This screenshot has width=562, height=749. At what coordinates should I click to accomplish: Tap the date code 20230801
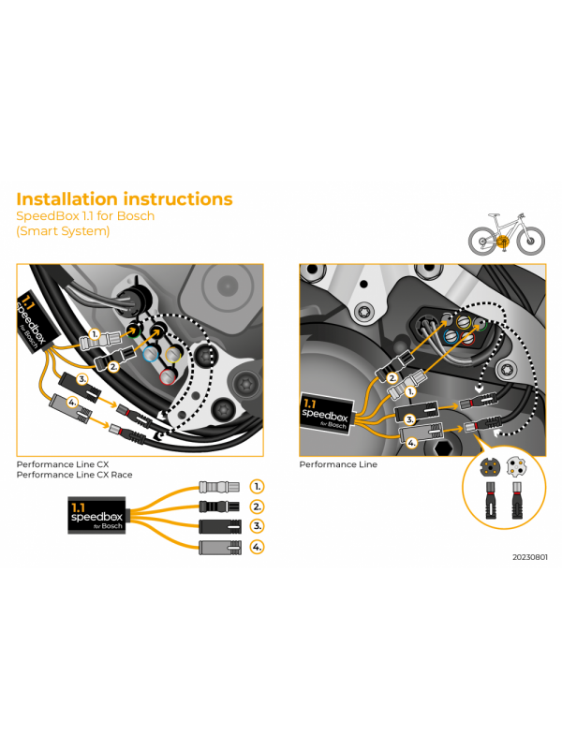point(530,557)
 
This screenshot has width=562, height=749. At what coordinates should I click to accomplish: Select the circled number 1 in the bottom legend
point(258,487)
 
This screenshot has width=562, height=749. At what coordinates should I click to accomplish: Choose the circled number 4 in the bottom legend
point(258,546)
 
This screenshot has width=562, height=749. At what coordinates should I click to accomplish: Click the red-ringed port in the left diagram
point(167,376)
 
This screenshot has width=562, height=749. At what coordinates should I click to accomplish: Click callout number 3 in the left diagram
point(82,379)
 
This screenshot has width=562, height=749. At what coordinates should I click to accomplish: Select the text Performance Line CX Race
point(74,475)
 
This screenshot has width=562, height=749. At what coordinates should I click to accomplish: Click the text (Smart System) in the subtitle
point(63,231)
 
